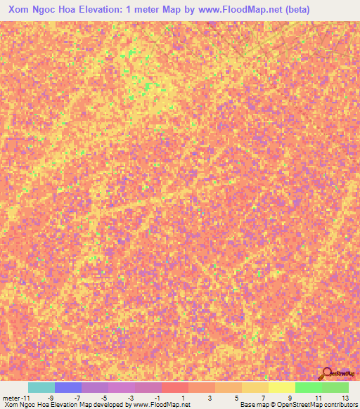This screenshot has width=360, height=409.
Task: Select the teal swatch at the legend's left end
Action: (41, 387)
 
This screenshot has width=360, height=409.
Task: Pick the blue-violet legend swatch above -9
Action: (67, 387)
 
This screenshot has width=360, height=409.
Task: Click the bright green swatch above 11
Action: (308, 387)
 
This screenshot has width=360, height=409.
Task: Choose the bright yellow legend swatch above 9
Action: (281, 387)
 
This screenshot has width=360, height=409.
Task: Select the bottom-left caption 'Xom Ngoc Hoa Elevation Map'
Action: (42, 405)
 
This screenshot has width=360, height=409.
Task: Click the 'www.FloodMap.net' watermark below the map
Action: (161, 405)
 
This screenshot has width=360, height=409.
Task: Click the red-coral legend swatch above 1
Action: (174, 387)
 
